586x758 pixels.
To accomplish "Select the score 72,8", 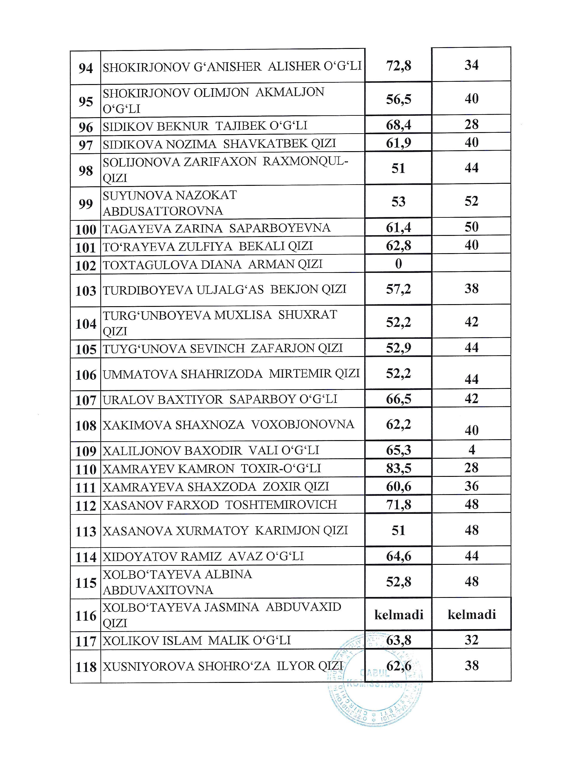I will [398, 66].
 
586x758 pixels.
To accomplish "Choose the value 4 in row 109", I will [471, 450].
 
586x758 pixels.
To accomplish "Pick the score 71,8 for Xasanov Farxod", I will [398, 505].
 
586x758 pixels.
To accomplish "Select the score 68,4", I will [398, 125].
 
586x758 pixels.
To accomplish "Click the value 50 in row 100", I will [471, 227].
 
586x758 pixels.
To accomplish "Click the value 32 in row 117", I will [471, 640].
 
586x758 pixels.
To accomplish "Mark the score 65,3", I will [398, 450].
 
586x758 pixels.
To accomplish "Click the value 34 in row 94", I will [471, 65].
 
